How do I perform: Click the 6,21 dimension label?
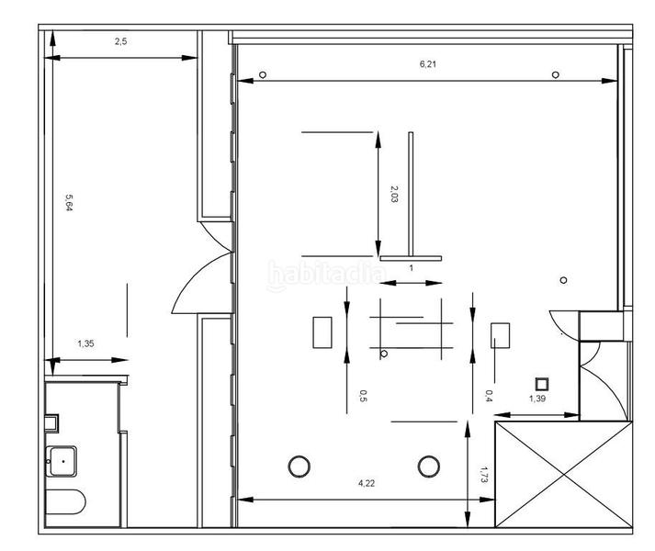coord(428,64)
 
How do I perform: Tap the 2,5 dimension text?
coord(120,41)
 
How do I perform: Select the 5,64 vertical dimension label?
coord(69,202)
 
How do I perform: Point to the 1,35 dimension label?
coord(85,343)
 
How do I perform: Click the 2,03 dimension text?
coord(393,194)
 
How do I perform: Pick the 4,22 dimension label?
coord(367,483)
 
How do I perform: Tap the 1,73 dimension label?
coord(484,475)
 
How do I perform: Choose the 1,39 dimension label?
coord(537,399)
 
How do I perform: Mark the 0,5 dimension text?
coord(363,396)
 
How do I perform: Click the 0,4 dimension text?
coord(489,396)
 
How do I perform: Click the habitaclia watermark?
coord(327,275)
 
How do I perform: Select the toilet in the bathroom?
coord(65,502)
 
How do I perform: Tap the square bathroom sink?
coord(62,461)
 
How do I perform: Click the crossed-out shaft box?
coord(563,474)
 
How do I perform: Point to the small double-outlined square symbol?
coord(542,384)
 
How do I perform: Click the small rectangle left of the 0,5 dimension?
coord(322,332)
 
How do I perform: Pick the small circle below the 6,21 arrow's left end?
coord(263,74)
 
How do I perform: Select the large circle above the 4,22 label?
coord(299,467)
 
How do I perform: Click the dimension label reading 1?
coord(411,268)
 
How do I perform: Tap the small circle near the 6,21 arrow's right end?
coord(555,74)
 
